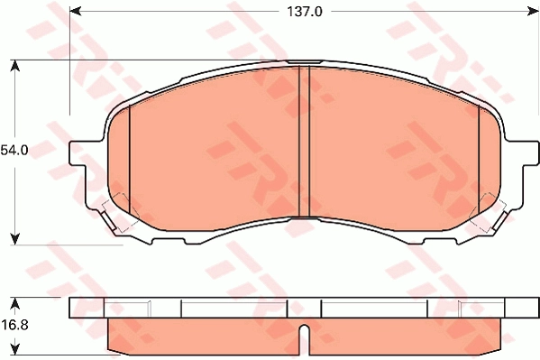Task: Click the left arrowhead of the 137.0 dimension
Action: (x=75, y=11)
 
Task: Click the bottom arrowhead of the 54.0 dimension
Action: (x=15, y=238)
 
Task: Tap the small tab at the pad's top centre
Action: (x=304, y=62)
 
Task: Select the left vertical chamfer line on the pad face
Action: (x=130, y=162)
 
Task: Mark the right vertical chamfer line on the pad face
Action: (x=475, y=162)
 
